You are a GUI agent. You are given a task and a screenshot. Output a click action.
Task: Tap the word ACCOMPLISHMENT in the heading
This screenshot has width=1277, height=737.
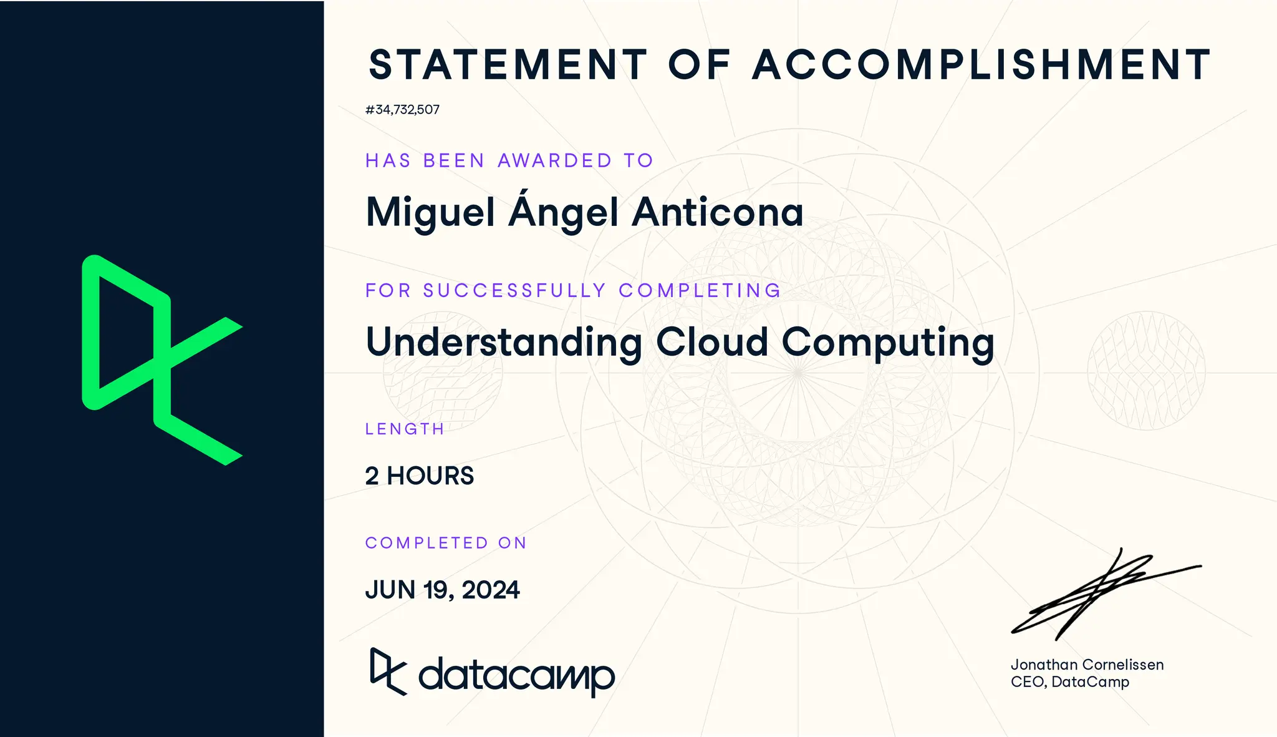(x=981, y=65)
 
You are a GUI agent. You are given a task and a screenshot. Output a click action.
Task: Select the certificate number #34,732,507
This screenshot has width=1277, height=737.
(x=402, y=110)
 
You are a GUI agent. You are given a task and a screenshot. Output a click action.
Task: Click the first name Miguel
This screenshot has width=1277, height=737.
(x=430, y=213)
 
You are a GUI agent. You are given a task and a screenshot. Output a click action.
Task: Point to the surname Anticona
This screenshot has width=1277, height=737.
(x=718, y=212)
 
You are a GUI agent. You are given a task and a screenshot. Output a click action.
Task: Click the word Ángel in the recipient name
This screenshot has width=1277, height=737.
(x=564, y=212)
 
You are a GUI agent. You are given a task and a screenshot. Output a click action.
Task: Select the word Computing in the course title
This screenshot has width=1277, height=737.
(x=888, y=343)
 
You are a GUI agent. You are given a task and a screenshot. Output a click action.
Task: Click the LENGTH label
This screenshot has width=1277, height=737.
(x=405, y=429)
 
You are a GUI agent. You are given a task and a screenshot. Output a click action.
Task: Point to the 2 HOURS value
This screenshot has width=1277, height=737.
(x=419, y=476)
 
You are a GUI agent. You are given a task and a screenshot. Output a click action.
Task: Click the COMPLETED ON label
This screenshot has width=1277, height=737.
(x=446, y=543)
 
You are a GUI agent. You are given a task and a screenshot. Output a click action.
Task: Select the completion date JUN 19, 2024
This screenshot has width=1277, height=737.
(x=442, y=590)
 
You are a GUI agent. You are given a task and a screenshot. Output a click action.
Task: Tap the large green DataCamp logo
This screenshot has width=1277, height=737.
(x=161, y=360)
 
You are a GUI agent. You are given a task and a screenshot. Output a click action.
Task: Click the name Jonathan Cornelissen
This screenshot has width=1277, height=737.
(x=1087, y=665)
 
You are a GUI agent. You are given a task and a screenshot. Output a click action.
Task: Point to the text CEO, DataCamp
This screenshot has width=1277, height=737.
(x=1069, y=682)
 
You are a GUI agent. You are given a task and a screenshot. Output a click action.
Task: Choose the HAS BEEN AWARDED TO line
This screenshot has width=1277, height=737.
(x=509, y=161)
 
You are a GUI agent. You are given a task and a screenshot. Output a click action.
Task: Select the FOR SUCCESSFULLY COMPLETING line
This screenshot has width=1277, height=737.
(x=573, y=291)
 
